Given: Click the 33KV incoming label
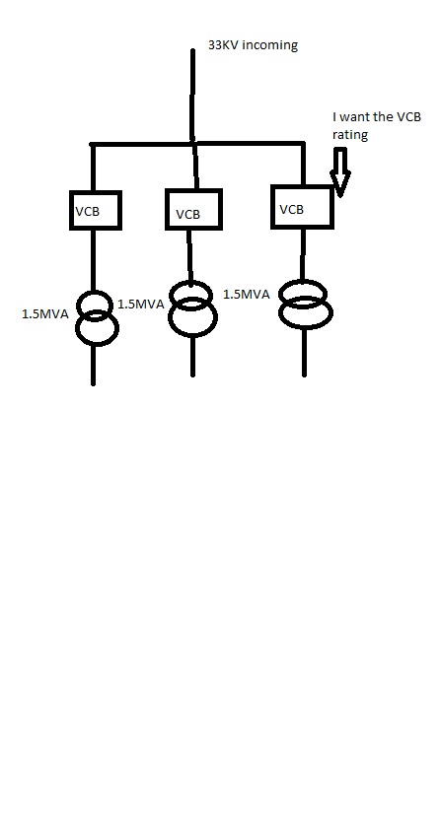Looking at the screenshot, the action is click(254, 45).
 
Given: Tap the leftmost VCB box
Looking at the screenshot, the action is click(96, 192).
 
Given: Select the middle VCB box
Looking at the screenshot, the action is click(193, 190).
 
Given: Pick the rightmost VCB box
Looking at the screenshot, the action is click(302, 187).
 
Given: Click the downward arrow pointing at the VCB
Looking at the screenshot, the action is click(340, 172).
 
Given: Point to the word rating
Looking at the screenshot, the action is click(350, 135).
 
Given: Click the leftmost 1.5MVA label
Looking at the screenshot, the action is click(45, 314).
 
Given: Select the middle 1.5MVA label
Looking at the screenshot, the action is click(141, 305).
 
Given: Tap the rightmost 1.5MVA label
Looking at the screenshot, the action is click(247, 295).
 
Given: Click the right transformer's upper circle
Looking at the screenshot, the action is click(304, 282).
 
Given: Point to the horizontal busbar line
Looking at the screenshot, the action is click(197, 143).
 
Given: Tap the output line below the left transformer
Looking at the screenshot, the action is click(93, 365).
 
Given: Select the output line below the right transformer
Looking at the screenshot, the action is click(305, 352).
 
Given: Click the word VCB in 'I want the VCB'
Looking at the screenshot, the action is click(408, 117).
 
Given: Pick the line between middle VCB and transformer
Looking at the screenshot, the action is click(189, 255).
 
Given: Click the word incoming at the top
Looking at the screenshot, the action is click(270, 45).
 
